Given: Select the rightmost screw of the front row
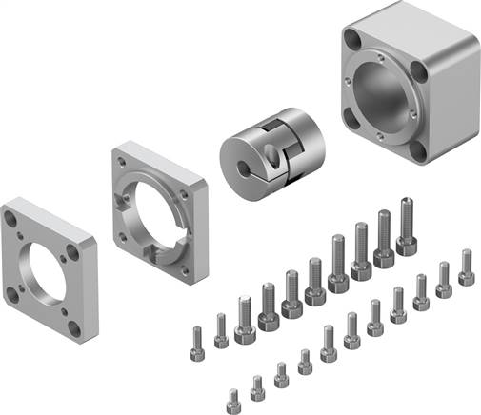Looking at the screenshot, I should [x=466, y=267].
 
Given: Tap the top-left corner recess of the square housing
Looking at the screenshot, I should [x=351, y=41].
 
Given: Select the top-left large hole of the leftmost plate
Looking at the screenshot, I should [x=10, y=219].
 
